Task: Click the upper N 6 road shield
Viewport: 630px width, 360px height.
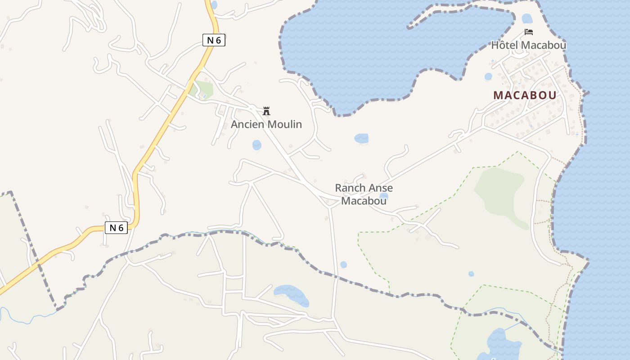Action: [214, 40]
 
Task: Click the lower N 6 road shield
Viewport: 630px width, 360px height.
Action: [117, 228]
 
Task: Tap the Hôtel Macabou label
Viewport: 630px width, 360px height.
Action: [528, 45]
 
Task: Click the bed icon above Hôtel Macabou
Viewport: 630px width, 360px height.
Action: [529, 32]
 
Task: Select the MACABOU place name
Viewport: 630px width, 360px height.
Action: [525, 95]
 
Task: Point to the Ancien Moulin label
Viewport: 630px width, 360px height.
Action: [266, 124]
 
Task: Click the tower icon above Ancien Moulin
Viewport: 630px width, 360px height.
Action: [266, 111]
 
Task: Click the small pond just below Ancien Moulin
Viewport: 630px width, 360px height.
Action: [256, 145]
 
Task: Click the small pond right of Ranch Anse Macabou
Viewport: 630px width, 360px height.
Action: [384, 196]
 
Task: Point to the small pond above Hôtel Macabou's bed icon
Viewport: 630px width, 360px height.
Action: [527, 18]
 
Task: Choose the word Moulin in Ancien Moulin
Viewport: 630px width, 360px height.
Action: [285, 124]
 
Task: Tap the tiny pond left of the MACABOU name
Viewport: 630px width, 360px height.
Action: [488, 76]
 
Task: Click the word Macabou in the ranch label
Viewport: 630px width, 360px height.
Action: [364, 201]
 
